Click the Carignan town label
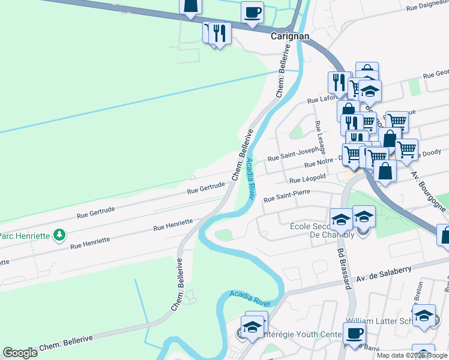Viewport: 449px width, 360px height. (289, 36)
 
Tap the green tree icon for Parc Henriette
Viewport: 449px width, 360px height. (59, 235)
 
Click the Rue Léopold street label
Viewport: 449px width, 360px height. (307, 179)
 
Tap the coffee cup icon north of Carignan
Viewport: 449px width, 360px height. (252, 11)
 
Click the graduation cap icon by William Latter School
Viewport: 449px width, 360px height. (424, 316)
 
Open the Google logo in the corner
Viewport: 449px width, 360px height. (20, 353)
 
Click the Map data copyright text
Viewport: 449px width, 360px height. (412, 355)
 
